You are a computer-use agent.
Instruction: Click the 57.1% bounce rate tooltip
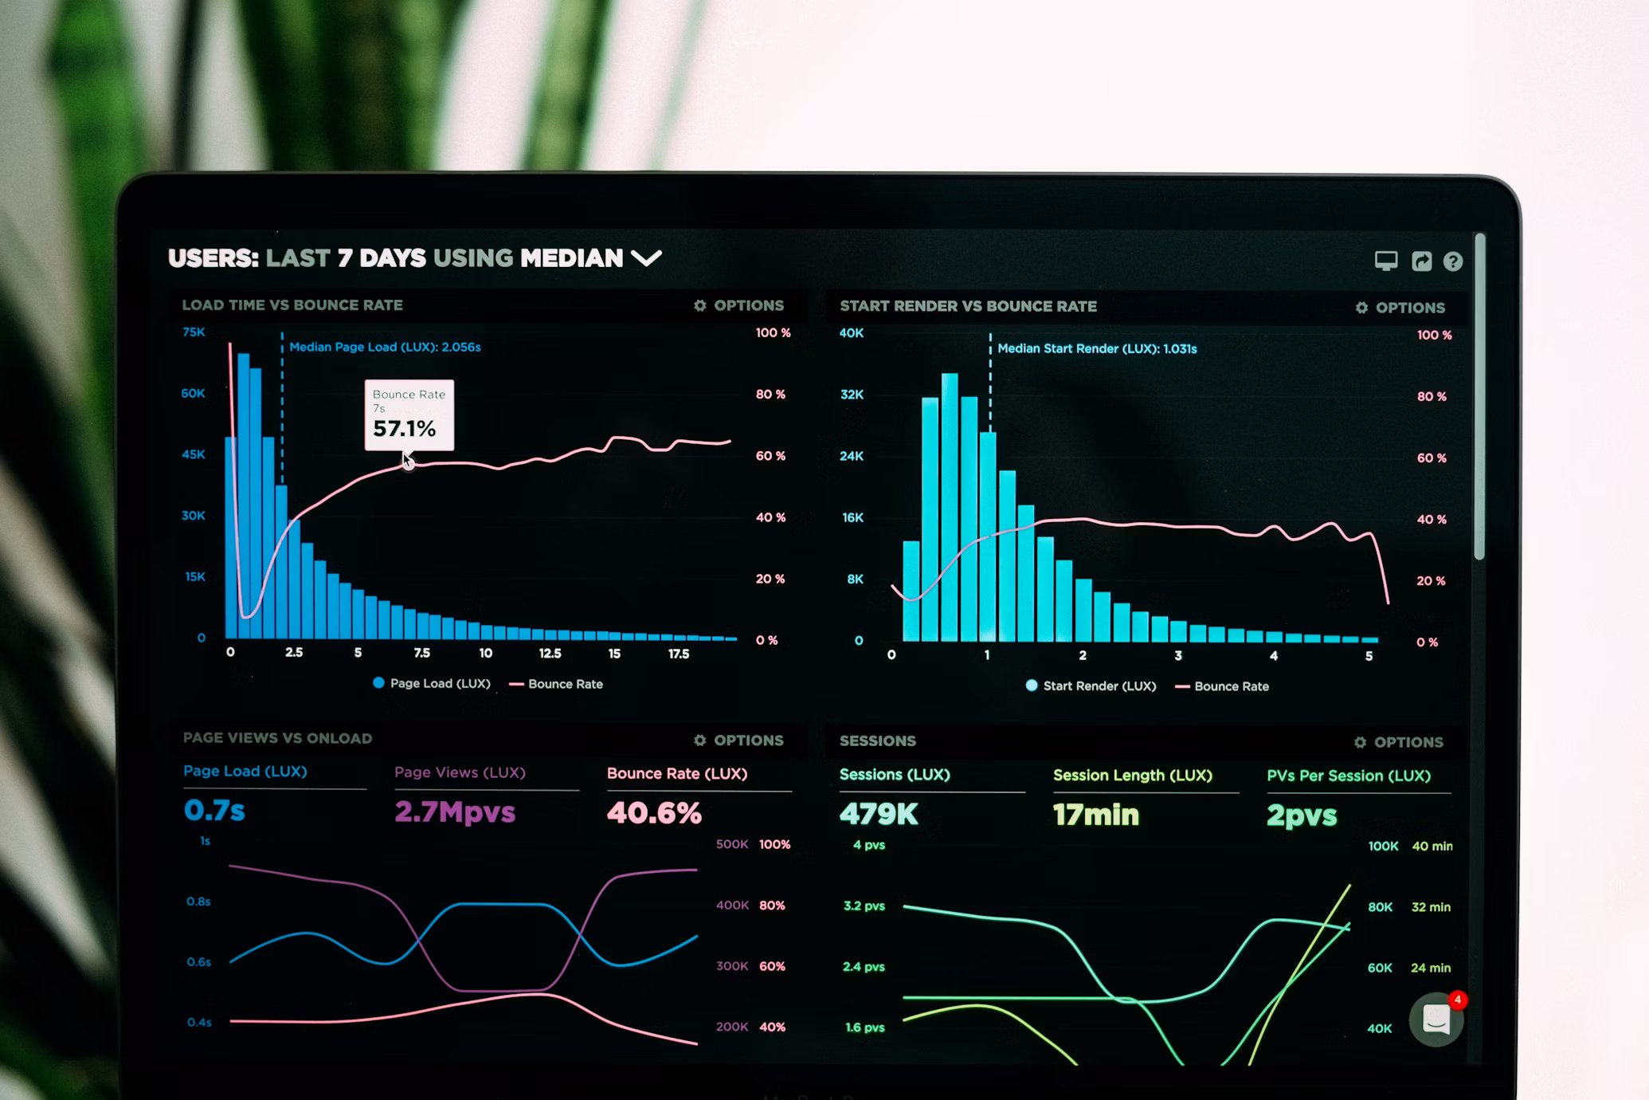coord(409,415)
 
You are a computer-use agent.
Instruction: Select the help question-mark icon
coord(1452,261)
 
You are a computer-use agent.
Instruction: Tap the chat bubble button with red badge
coord(1436,1019)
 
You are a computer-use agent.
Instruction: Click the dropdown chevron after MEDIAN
coord(646,258)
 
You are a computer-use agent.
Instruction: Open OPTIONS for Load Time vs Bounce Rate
coord(738,305)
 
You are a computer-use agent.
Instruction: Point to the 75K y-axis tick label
coord(194,332)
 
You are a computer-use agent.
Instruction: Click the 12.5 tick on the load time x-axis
coord(550,654)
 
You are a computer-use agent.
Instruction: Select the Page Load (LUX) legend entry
coord(432,683)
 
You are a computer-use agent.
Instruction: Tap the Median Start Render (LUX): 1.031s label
coord(1097,348)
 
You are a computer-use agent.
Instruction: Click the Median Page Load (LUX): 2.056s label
coord(385,347)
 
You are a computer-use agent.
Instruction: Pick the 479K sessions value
coord(879,814)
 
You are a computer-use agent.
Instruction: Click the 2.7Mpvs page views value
coord(455,812)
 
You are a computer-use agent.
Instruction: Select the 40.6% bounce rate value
coord(654,813)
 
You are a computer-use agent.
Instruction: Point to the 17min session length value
coord(1096,815)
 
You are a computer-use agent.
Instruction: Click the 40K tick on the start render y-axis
coord(851,333)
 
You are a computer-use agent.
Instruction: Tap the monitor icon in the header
coord(1385,261)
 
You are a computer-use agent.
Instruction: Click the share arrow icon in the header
coord(1421,261)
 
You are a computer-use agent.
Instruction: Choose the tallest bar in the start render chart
coord(949,507)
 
